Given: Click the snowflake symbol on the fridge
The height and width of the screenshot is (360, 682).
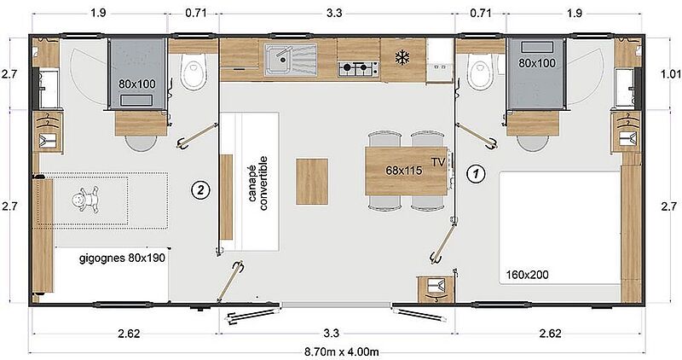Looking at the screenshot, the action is pos(402,57).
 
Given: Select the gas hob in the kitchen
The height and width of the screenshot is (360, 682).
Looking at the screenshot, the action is pos(358,68).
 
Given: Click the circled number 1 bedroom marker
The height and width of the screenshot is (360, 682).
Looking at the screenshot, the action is pos(476,174).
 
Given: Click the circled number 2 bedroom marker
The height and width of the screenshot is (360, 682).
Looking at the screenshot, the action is pos(200,189).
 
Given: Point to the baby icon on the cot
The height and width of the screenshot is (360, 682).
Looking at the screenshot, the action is pos(86,200).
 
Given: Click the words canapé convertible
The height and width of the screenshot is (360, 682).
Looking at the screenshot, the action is pos(257,183).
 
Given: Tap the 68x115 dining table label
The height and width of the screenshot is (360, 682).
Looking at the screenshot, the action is pos(403,171).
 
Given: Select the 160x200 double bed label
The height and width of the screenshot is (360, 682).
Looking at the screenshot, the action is pos(527,275).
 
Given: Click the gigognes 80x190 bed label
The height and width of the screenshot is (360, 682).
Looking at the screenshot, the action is pos(122,258).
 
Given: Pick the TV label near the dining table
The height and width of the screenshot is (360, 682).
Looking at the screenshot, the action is pos(438,162).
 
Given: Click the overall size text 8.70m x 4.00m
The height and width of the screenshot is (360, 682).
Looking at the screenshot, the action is pos(341,352).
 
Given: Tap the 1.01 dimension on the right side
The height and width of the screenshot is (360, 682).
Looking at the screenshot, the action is pos(671,74).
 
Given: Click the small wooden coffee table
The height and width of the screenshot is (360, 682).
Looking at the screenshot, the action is pos(312,182).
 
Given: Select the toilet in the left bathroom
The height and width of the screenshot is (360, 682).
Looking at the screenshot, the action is pos(193,72).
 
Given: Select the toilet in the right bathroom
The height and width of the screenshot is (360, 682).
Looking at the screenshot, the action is pos(480,71).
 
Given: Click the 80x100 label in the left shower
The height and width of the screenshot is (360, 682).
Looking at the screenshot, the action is pos(137,84).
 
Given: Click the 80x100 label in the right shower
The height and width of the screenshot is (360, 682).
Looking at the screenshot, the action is pos(537,63).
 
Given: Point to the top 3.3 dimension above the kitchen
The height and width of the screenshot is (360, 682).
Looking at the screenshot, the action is pos(334,13).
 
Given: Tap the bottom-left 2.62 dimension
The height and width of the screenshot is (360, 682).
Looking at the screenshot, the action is pos(130,334).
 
